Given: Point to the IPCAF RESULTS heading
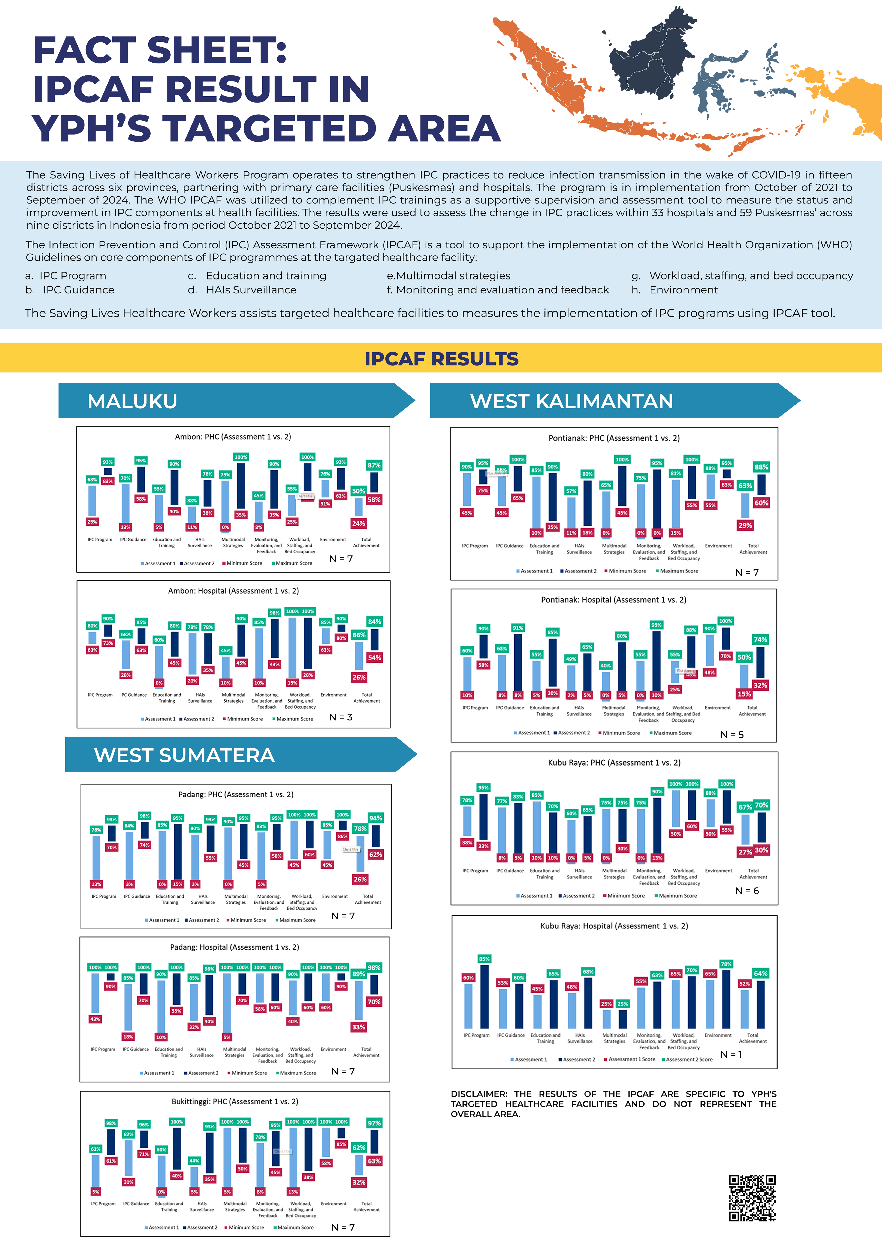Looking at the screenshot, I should [441, 359].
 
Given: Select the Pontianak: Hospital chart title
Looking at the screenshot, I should [614, 600].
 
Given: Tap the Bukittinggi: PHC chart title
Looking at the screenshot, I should [235, 1102].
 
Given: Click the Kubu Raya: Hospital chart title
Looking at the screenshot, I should [614, 926].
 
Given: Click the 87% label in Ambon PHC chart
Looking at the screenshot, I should [374, 466].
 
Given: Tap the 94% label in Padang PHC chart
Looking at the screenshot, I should [376, 818].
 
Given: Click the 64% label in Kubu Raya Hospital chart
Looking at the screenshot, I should [760, 973].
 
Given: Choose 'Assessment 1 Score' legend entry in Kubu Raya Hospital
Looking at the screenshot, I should [632, 1059].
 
